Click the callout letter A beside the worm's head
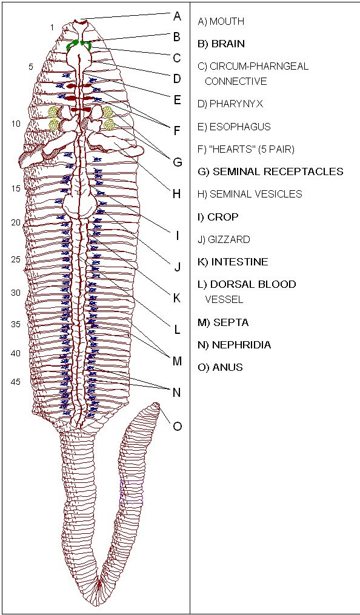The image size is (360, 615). (x=177, y=16)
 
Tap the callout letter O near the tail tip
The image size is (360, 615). (x=177, y=426)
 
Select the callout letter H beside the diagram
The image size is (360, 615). (x=177, y=194)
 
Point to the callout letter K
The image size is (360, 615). (x=177, y=298)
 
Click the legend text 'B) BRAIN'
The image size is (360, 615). (x=222, y=44)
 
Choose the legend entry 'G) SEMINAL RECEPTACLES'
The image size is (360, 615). (x=271, y=171)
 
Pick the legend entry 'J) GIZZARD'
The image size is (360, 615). (x=224, y=239)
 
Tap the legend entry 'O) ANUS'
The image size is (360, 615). (x=221, y=368)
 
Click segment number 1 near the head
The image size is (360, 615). (x=52, y=27)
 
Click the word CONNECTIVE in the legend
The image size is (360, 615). (x=236, y=82)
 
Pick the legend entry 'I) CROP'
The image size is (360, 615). (x=218, y=217)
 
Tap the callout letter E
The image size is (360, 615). (x=177, y=100)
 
